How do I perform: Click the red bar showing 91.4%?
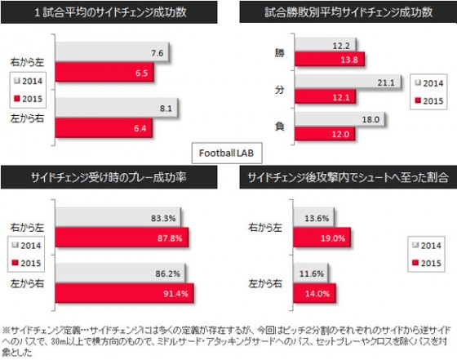pos(122,292)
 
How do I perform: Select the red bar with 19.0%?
pos(313,237)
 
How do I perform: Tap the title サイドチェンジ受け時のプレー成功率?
pos(111,177)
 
